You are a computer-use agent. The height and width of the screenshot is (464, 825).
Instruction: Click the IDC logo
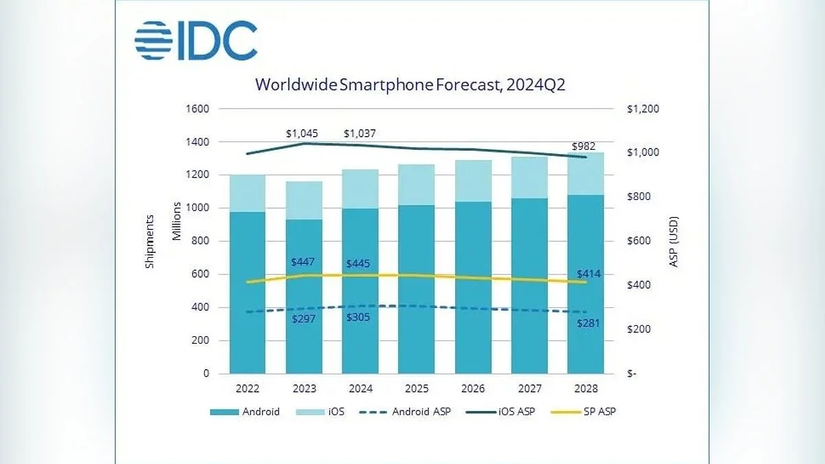coord(196,41)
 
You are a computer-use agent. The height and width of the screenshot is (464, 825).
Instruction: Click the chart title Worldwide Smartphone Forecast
coord(410,85)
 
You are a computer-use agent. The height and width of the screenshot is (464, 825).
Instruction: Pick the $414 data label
coord(588,274)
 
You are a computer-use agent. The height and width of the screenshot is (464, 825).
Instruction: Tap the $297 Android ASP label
coord(304,320)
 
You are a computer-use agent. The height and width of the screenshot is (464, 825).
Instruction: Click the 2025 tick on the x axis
coord(417,389)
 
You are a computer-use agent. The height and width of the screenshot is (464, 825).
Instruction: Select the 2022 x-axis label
coord(247,389)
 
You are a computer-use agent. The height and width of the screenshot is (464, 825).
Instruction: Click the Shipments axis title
coord(150,241)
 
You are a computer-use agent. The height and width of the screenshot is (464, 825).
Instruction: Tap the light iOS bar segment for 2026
coord(473,181)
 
